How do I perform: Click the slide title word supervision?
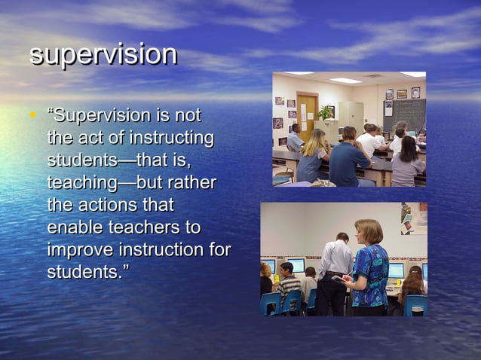coord(103,54)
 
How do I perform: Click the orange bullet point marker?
coord(32,116)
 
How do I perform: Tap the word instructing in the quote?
coord(172,139)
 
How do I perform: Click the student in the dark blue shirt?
coord(349,159)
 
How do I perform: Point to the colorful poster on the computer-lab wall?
coord(414,218)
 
